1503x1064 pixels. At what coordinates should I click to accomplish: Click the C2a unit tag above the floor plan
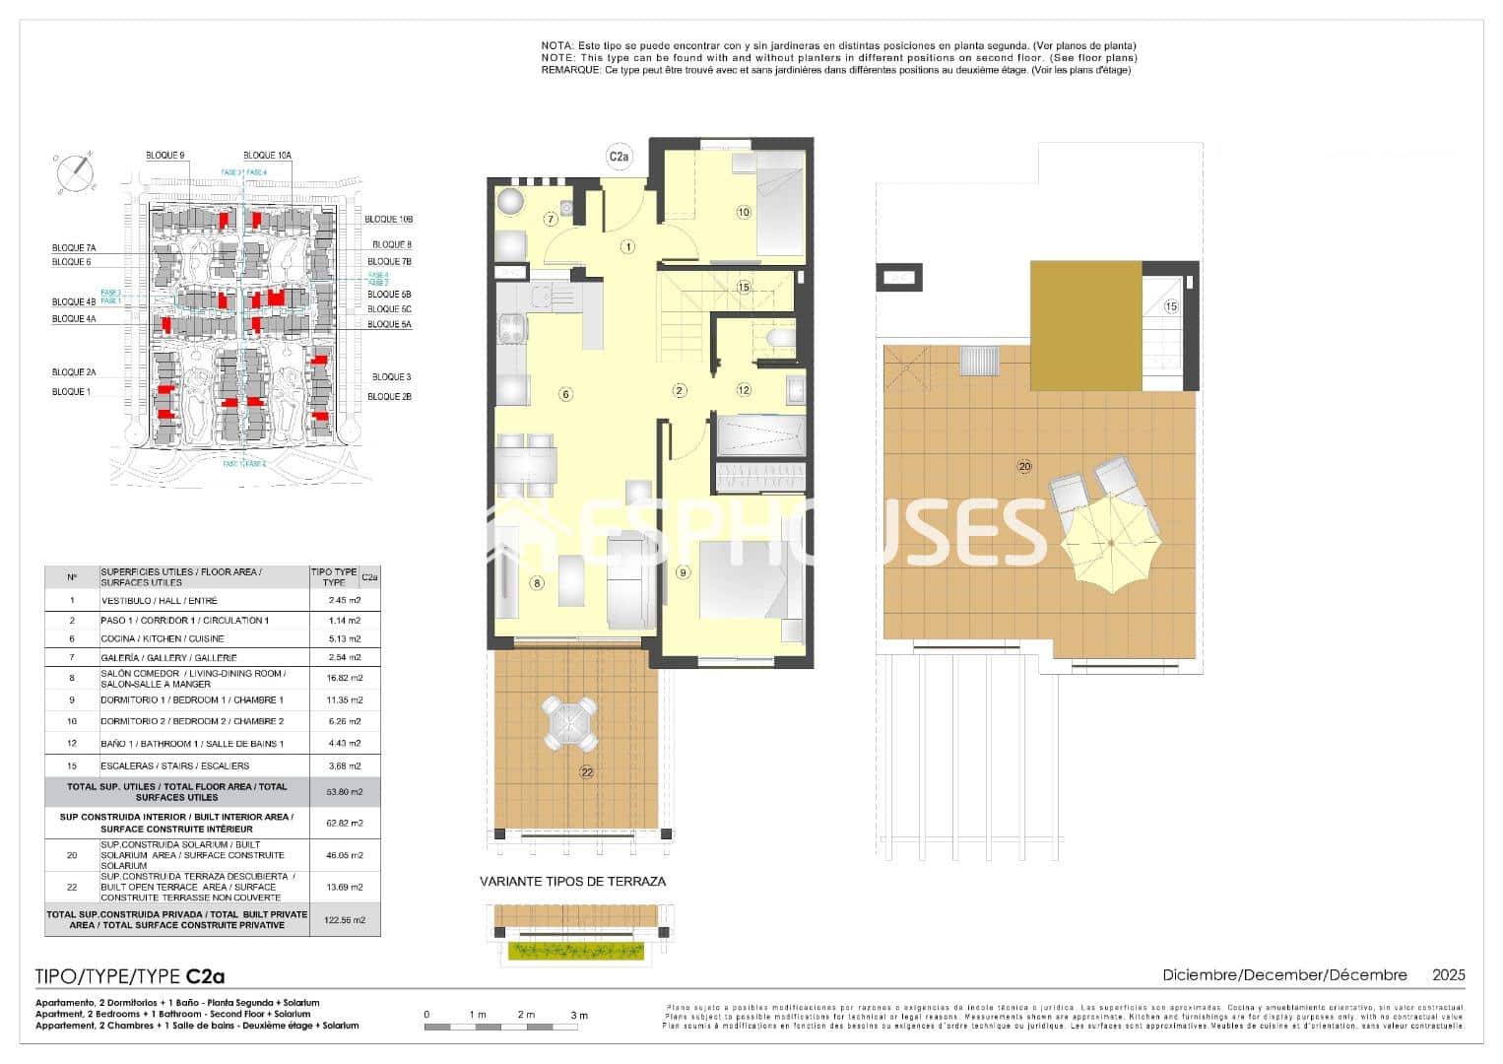click(619, 156)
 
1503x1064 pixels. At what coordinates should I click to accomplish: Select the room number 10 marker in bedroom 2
click(743, 212)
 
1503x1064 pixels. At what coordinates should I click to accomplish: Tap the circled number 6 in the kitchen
click(565, 394)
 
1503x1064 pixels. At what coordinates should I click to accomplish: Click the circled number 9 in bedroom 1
click(683, 572)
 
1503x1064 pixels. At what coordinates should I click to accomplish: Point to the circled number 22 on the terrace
click(587, 772)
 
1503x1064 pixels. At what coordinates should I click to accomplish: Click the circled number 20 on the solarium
click(1024, 466)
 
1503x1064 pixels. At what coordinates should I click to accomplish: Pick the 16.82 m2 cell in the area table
click(344, 678)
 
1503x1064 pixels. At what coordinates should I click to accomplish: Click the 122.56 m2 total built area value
click(344, 920)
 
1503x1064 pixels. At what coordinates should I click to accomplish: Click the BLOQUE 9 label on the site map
click(164, 156)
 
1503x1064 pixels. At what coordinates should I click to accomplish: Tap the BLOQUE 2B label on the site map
click(389, 396)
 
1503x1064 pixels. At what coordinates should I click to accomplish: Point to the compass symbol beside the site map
click(75, 173)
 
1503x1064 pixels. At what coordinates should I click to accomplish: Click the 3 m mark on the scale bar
click(579, 1015)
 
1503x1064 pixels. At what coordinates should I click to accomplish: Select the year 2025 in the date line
click(1448, 974)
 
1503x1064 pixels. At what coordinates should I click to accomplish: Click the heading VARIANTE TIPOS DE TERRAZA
click(572, 882)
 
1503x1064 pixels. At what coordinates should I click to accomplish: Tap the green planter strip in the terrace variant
click(576, 951)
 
